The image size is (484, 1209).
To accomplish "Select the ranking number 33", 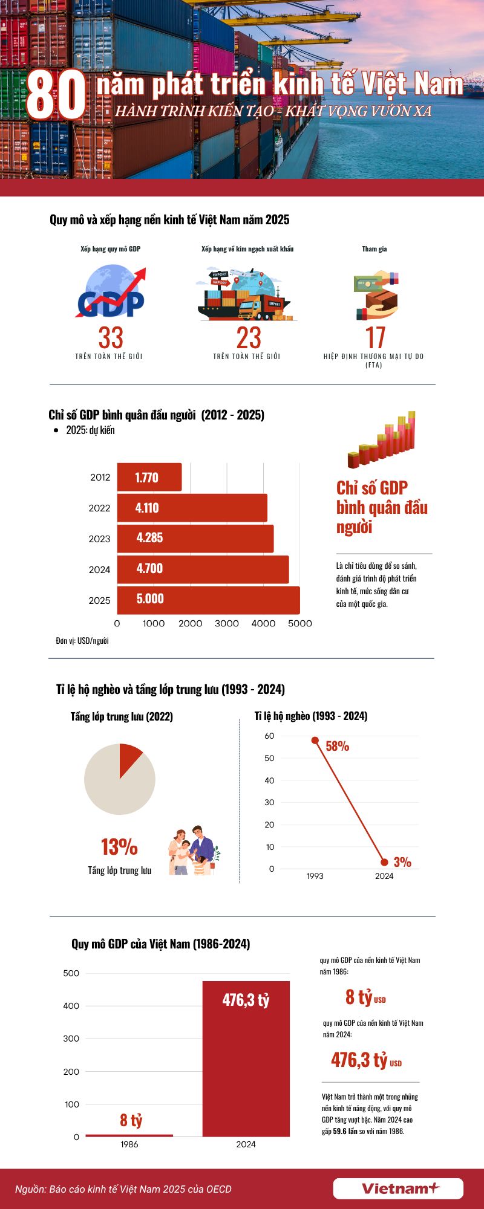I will (111, 338).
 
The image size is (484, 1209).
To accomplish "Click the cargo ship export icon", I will (246, 296).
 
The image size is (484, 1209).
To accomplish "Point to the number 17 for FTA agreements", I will (375, 338).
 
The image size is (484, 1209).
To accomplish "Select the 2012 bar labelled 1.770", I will (149, 478).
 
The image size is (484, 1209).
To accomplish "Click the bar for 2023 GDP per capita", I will (195, 538).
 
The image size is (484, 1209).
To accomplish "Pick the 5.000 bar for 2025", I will (208, 600).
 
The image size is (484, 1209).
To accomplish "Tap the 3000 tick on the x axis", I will (227, 623).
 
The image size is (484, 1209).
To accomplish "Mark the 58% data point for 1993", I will (315, 741).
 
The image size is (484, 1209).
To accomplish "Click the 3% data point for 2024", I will (384, 862).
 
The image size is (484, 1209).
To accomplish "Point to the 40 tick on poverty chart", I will (270, 780).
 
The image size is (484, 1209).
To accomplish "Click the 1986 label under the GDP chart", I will (129, 1144).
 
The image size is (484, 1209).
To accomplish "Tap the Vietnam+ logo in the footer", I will (398, 1188).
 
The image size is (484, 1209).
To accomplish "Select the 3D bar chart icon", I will (382, 439).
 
